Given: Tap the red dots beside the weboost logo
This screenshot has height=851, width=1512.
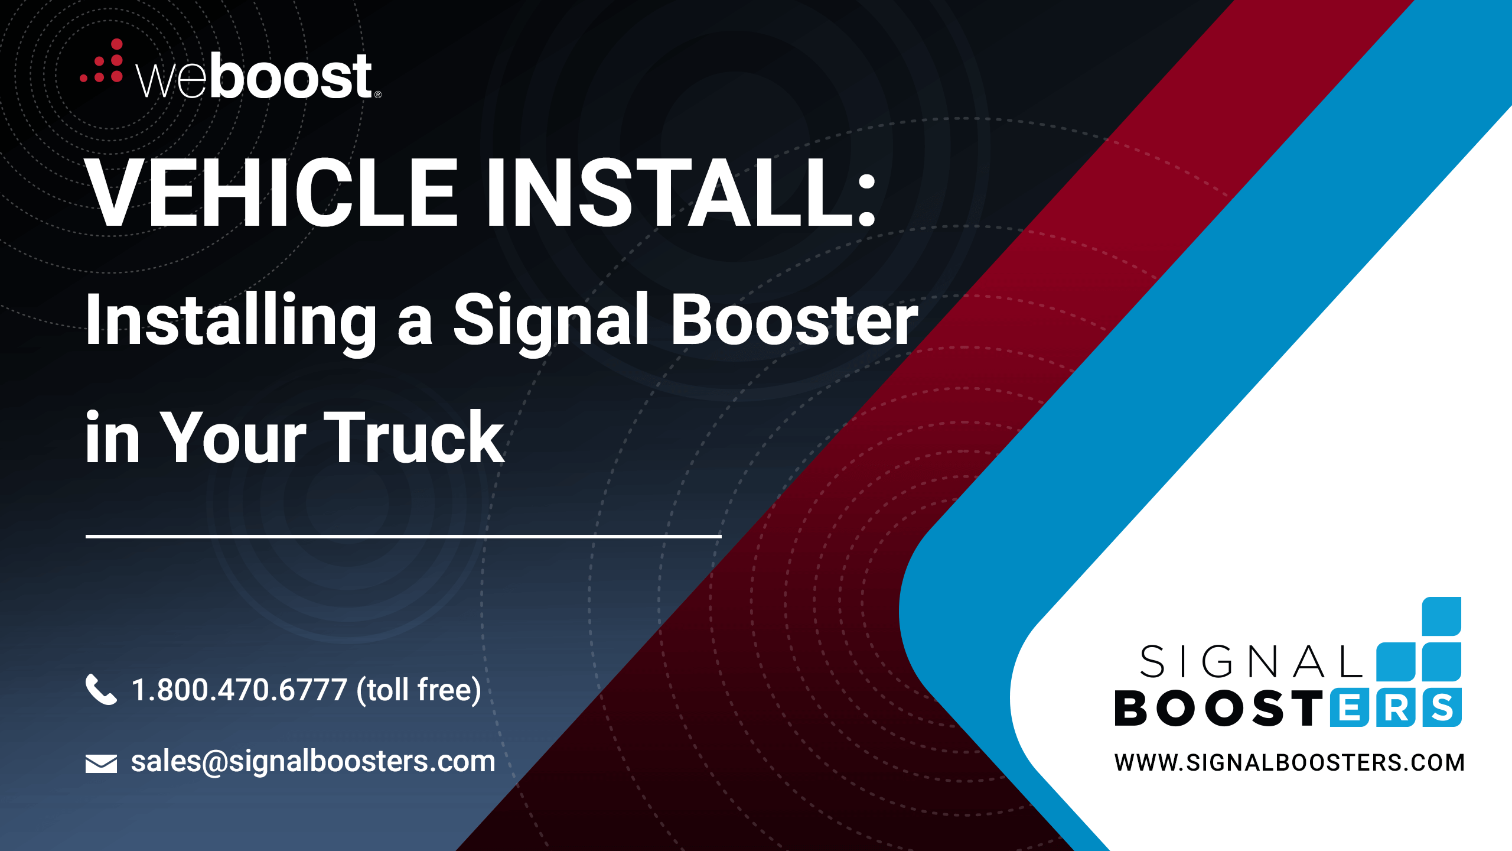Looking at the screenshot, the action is coord(102,61).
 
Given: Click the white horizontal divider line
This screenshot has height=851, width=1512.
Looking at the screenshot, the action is coord(403,536).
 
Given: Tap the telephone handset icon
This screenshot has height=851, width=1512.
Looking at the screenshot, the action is coord(101,689).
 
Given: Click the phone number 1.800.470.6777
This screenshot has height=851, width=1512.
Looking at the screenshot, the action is coord(239,690).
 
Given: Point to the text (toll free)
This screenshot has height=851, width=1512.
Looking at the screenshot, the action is coord(419,690).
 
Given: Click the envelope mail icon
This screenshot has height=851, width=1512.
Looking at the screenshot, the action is coord(101,764).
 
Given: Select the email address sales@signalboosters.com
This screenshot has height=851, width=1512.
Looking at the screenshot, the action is coord(313,761).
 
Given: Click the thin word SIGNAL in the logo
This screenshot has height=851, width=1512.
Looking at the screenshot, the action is coord(1251,661).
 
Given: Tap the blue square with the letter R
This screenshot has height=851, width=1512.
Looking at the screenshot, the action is coord(1395,708).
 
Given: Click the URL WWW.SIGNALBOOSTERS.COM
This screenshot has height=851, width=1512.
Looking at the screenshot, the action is coord(1289,762).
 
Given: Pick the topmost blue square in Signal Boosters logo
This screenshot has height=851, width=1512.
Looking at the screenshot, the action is coord(1442,616).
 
